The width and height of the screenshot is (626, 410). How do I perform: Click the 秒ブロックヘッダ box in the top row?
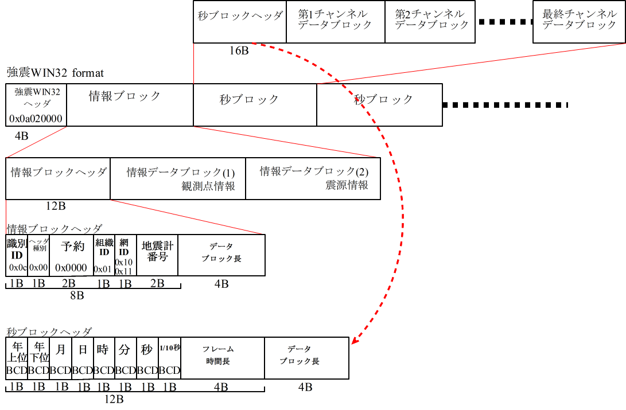240,22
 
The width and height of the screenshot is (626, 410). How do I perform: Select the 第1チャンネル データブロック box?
335,22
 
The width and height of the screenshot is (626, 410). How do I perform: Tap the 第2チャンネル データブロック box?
430,22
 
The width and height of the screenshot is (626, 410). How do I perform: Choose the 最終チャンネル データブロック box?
579,22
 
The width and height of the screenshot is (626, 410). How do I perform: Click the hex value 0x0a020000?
36,119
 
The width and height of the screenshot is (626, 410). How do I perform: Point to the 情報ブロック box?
130,104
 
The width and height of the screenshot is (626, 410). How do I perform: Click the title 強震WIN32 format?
55,73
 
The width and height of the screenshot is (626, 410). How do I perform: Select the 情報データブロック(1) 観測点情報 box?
178,178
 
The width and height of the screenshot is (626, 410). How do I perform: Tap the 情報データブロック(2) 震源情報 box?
313,178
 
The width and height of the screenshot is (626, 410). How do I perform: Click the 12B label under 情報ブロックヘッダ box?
58,206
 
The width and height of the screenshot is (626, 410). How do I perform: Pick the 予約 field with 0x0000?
72,255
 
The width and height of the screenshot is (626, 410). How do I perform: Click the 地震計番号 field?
157,255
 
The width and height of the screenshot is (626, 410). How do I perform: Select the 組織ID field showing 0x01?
104,255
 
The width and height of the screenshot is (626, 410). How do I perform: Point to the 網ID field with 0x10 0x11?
125,255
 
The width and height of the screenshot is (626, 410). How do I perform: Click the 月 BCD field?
61,358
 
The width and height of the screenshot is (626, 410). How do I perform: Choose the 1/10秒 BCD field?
169,358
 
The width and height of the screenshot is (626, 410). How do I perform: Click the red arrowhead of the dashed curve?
354,342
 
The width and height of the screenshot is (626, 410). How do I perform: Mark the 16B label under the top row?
239,50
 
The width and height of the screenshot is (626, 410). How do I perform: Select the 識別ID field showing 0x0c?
17,255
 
